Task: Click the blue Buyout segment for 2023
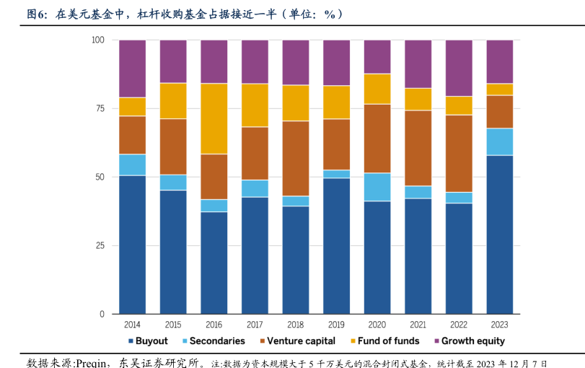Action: (500, 235)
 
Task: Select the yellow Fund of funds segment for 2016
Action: (214, 118)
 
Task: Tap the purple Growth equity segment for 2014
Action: (132, 69)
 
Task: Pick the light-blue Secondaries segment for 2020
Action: (377, 187)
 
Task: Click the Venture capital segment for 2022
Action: (459, 153)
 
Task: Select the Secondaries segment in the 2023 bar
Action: (500, 141)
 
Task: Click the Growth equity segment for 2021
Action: (418, 63)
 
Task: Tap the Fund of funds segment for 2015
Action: (173, 100)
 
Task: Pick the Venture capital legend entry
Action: (296, 341)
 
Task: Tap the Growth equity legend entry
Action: (469, 341)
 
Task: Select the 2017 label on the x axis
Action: (254, 325)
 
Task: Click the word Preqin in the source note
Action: (89, 362)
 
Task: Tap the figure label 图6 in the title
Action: (37, 14)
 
